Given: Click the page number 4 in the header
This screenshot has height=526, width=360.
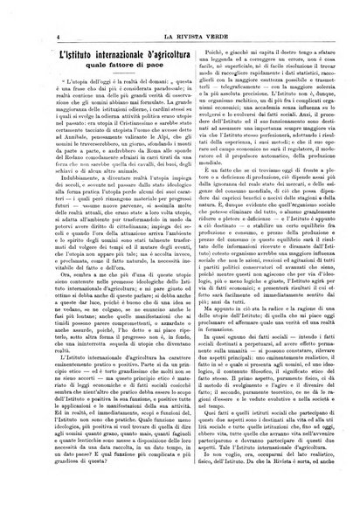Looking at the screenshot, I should point(32,10).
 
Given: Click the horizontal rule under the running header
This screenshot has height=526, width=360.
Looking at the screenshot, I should point(179,19).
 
